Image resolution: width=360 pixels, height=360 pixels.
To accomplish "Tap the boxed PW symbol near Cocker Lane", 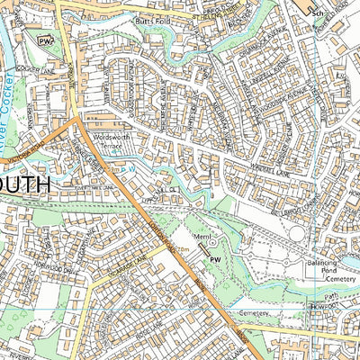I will tap(43, 39).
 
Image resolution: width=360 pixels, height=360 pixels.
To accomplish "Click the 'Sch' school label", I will tap(317, 14).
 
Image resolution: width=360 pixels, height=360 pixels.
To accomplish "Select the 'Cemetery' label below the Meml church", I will tap(254, 312).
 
